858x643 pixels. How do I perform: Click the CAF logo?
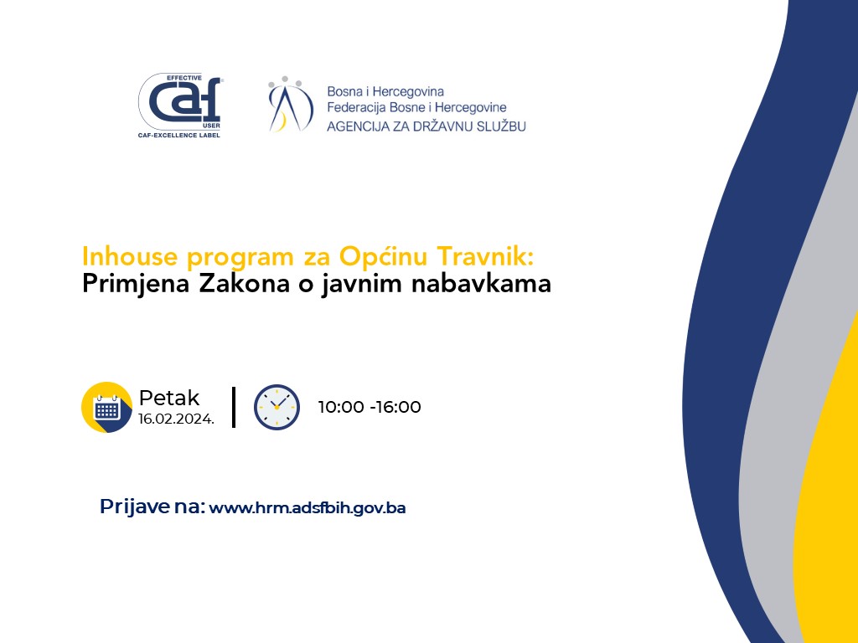(x=180, y=105)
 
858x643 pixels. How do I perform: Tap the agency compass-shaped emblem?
(x=290, y=104)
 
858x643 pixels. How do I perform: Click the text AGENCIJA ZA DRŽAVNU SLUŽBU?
(x=426, y=126)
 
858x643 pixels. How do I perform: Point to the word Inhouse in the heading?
(x=130, y=256)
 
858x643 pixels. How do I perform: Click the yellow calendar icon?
(x=106, y=408)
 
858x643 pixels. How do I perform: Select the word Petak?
(x=169, y=398)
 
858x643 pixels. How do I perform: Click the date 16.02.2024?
(x=176, y=419)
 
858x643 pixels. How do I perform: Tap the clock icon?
(x=277, y=407)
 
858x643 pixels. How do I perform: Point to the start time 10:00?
(x=341, y=408)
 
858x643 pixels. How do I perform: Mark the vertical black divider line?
(x=234, y=407)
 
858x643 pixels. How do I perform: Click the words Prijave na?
(x=152, y=507)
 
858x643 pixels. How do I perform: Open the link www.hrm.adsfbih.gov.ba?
(x=308, y=508)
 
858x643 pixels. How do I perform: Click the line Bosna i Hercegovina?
(x=385, y=91)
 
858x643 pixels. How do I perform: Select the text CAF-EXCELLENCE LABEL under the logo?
(x=179, y=135)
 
